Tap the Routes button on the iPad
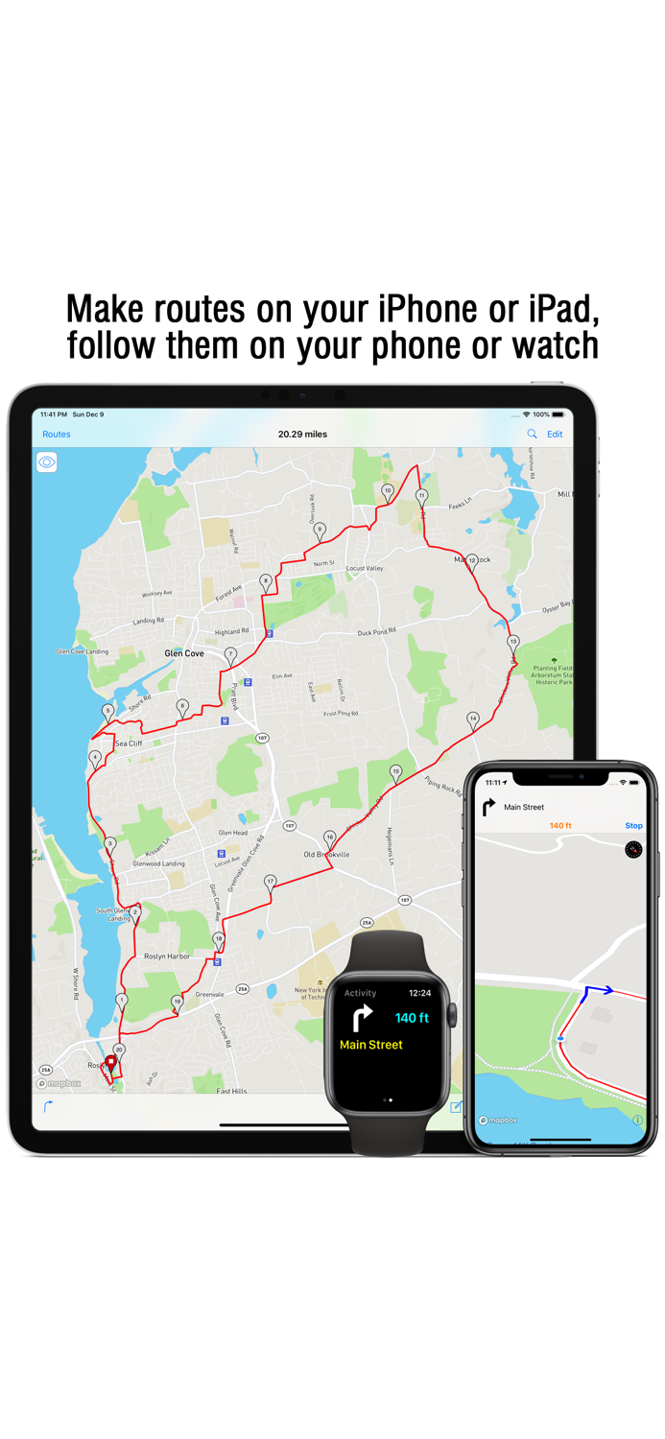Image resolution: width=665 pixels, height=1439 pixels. pyautogui.click(x=57, y=435)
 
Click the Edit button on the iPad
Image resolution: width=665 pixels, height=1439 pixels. pyautogui.click(x=555, y=435)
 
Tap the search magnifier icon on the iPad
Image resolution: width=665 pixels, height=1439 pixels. pyautogui.click(x=532, y=435)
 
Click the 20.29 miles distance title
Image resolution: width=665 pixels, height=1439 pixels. pyautogui.click(x=302, y=435)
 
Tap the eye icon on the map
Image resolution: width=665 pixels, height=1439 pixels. pyautogui.click(x=47, y=462)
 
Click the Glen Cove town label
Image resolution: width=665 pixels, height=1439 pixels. pyautogui.click(x=184, y=653)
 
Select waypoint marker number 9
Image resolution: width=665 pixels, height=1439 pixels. pyautogui.click(x=320, y=530)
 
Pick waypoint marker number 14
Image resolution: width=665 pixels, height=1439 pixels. pyautogui.click(x=472, y=719)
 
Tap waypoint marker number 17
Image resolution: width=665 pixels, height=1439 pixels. pyautogui.click(x=271, y=882)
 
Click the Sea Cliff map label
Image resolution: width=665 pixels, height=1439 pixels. pyautogui.click(x=129, y=743)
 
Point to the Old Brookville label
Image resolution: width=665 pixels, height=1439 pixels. pyautogui.click(x=326, y=855)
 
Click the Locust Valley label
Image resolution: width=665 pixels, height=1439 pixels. pyautogui.click(x=365, y=569)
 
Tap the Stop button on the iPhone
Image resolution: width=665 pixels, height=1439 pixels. pyautogui.click(x=633, y=826)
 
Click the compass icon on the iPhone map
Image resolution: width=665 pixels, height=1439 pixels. pyautogui.click(x=633, y=850)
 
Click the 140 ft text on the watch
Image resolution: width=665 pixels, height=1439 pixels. pyautogui.click(x=412, y=1018)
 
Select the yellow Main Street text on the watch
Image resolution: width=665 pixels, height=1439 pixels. pyautogui.click(x=371, y=1045)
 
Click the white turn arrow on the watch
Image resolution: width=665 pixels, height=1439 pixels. pyautogui.click(x=363, y=1018)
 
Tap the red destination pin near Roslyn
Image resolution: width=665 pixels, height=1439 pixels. pyautogui.click(x=110, y=1063)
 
